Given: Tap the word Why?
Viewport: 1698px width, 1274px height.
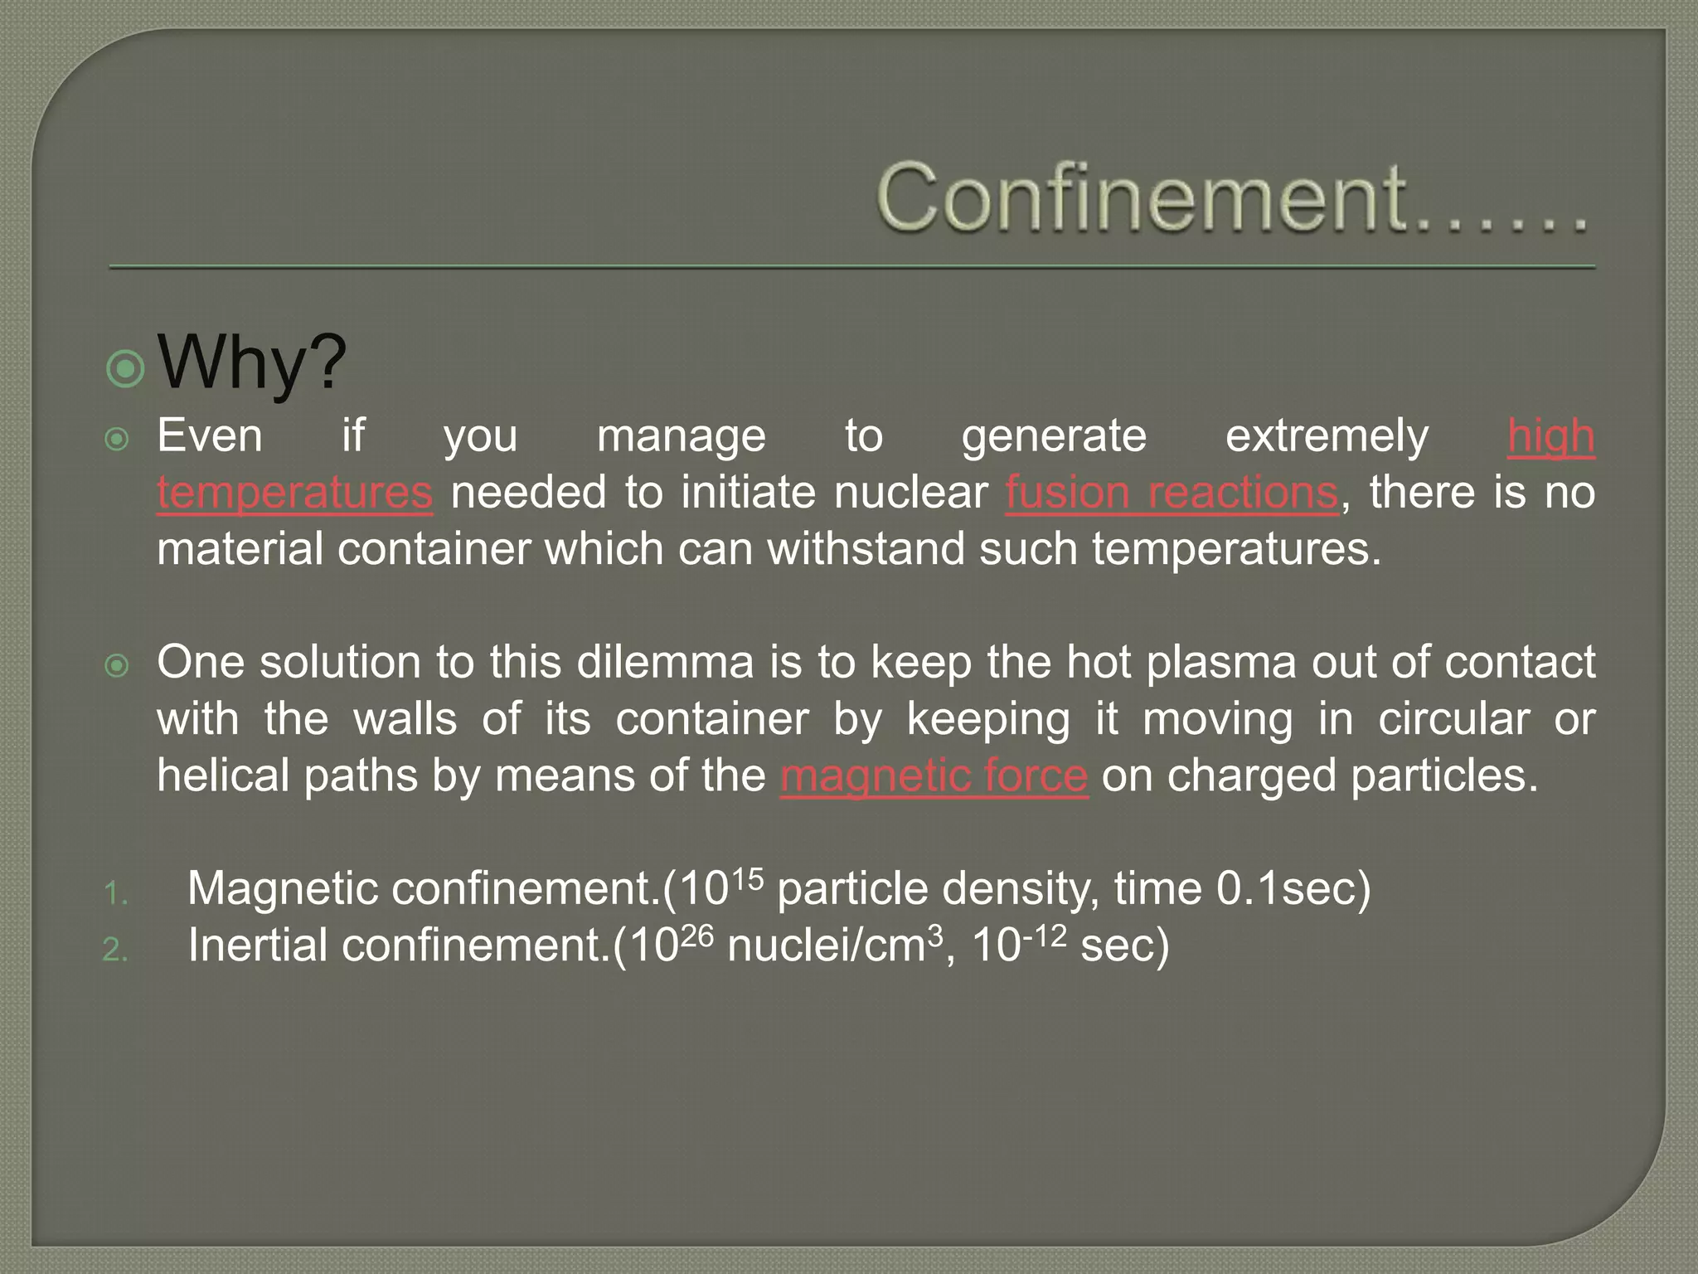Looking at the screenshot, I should click(x=252, y=362).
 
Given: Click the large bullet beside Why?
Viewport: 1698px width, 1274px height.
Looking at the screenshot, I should click(x=126, y=367).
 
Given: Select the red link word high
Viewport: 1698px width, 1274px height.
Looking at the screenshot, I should click(x=1550, y=437).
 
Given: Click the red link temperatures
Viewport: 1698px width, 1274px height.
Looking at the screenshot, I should click(x=295, y=493).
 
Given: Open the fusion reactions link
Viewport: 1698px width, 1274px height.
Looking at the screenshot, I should click(x=1172, y=493).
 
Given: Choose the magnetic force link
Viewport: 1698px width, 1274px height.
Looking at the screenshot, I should click(x=934, y=776).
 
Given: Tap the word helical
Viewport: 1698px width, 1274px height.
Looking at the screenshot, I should click(x=224, y=776).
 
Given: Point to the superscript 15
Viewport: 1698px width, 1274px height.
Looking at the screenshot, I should click(x=748, y=878).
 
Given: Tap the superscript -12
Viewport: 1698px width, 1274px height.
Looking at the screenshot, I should click(x=1043, y=936).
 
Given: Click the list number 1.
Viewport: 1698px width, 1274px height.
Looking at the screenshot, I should click(x=116, y=894).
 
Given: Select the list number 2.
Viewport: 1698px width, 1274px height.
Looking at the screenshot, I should click(x=116, y=951).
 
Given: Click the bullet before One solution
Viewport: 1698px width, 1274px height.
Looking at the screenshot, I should click(x=118, y=665).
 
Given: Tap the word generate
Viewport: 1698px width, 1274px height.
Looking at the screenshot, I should click(x=1054, y=437).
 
